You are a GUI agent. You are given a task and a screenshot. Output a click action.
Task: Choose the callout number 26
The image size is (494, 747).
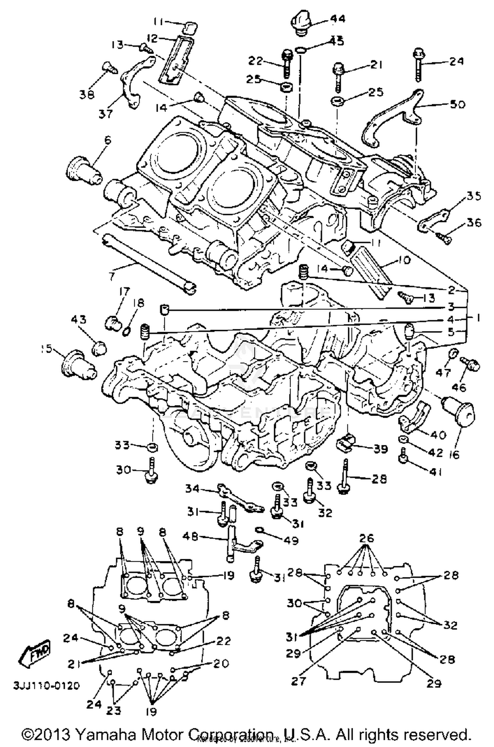[x=367, y=538]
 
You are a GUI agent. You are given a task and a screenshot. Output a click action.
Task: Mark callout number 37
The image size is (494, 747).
[x=106, y=114]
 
